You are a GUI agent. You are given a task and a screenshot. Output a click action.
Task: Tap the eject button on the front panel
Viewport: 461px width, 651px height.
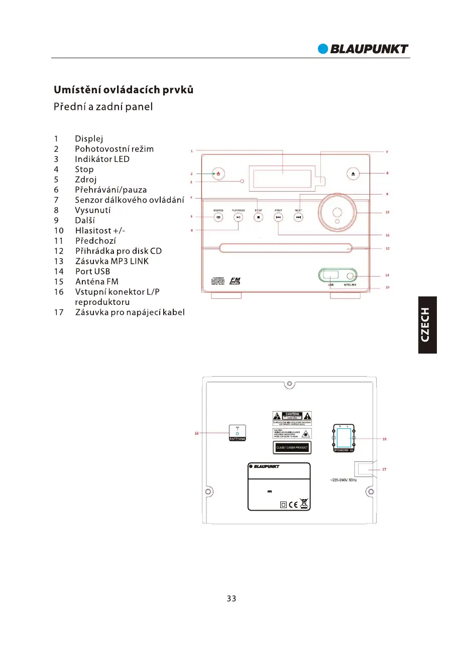tap(353, 174)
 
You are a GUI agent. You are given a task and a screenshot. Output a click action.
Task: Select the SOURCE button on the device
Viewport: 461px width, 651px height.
tap(218, 217)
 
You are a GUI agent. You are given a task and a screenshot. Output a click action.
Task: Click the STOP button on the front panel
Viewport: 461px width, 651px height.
tap(258, 217)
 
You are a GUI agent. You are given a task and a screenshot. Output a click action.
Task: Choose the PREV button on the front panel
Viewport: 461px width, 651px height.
tap(278, 217)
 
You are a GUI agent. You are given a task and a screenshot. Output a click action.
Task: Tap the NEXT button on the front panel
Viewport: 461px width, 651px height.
tap(299, 217)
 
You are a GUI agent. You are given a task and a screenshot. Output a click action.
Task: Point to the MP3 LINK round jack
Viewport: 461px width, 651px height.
tap(355, 276)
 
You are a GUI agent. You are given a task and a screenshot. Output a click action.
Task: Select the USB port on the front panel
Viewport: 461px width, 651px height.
tap(331, 275)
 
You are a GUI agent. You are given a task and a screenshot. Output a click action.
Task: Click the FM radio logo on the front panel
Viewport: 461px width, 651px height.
tap(235, 281)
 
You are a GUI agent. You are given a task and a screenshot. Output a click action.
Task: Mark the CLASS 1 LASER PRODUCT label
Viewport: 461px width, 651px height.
tap(292, 447)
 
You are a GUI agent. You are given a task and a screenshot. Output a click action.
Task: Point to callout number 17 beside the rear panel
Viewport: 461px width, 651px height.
tap(384, 470)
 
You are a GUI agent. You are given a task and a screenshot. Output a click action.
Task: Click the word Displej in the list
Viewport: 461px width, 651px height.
tap(89, 138)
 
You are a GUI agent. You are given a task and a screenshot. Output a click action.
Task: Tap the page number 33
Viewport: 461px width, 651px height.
tap(231, 598)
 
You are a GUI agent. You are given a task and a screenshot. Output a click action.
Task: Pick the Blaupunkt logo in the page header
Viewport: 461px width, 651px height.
tap(363, 49)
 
